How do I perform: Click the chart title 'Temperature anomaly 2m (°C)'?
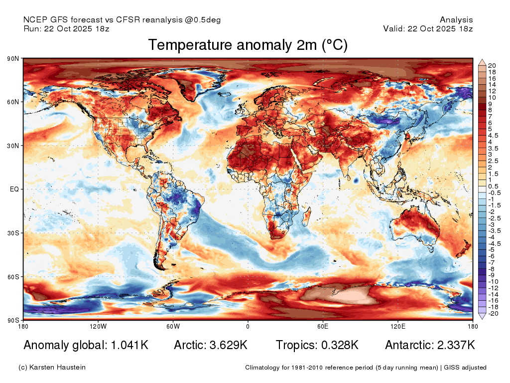pos(248,45)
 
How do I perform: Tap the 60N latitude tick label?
pos(13,102)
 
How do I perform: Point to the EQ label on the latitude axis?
pos(14,189)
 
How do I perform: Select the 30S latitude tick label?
pos(13,233)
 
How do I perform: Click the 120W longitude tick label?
pos(98,326)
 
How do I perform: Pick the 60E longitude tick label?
pos(323,326)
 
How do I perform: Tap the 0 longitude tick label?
pos(248,326)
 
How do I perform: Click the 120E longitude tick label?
pos(398,326)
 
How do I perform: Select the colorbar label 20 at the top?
pos(492,65)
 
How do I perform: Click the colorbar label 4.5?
pos(493,136)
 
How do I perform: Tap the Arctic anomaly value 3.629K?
pos(228,345)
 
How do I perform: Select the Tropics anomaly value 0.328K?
pos(340,345)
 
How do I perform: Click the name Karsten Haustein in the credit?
pos(57,368)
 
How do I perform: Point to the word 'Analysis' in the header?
pos(456,20)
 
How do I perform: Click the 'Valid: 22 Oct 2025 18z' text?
pos(428,28)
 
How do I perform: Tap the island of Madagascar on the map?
pos(306,216)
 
